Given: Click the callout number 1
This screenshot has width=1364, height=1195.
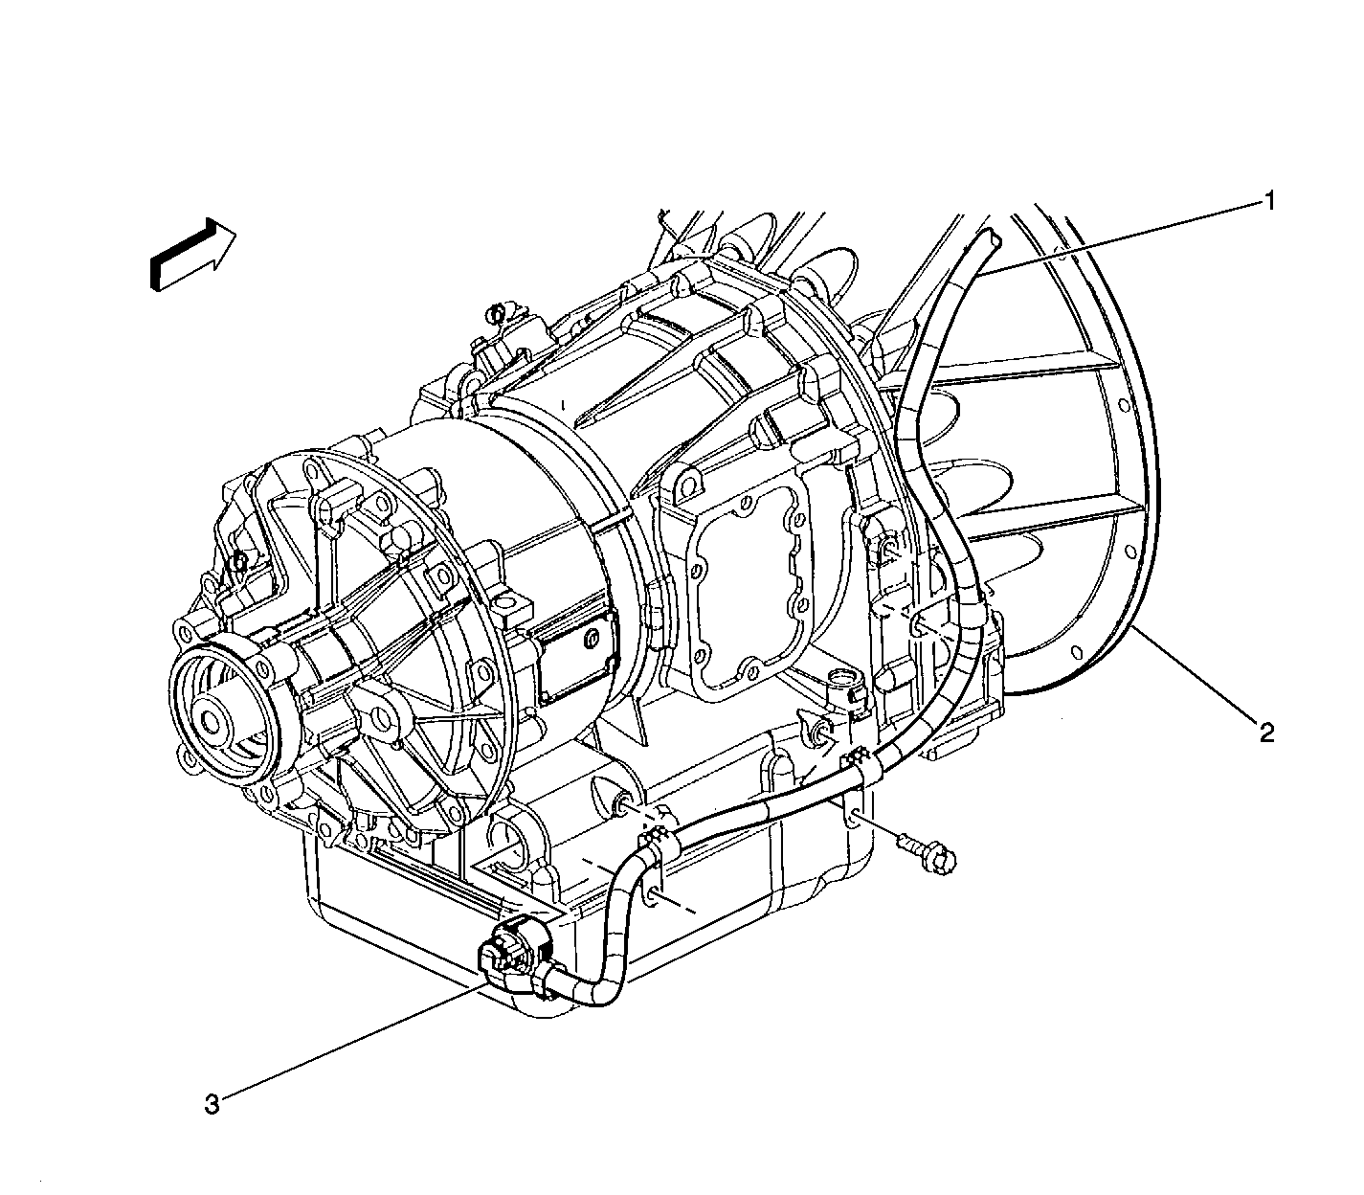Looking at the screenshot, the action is (1270, 201).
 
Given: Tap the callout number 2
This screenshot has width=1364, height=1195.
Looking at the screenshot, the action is (1266, 733).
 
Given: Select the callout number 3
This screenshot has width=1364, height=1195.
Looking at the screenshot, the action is (212, 1104).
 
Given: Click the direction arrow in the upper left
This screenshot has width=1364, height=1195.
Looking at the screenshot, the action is (193, 254).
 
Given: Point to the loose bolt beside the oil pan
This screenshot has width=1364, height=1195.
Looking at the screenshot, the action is (926, 851).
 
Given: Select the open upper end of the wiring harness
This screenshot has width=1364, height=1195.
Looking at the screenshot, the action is (992, 238).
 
